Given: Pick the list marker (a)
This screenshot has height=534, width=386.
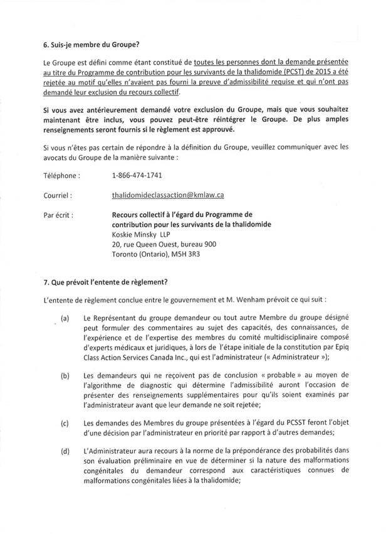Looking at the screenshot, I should point(65,319).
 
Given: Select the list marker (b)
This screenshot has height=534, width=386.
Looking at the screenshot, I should point(65,376).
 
